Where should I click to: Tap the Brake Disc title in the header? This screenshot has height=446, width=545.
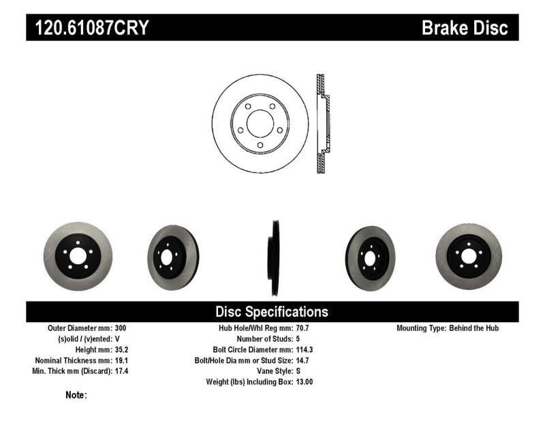tap(465, 28)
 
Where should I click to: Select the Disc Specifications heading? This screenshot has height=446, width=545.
tap(272, 312)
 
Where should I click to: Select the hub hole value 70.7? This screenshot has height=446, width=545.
tap(303, 328)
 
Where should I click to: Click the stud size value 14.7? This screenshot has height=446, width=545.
tap(303, 360)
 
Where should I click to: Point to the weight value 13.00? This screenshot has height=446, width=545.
tap(305, 382)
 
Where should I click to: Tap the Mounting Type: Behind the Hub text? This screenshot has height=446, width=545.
tap(448, 328)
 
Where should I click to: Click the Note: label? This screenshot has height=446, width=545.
tap(76, 395)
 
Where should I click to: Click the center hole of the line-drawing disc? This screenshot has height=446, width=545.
tap(260, 124)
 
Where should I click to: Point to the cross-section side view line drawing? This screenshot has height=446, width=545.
tap(323, 123)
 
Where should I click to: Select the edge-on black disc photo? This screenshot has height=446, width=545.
tap(272, 257)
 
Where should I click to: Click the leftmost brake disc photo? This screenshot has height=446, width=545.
tap(76, 256)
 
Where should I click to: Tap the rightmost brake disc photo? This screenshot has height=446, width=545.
tap(468, 256)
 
